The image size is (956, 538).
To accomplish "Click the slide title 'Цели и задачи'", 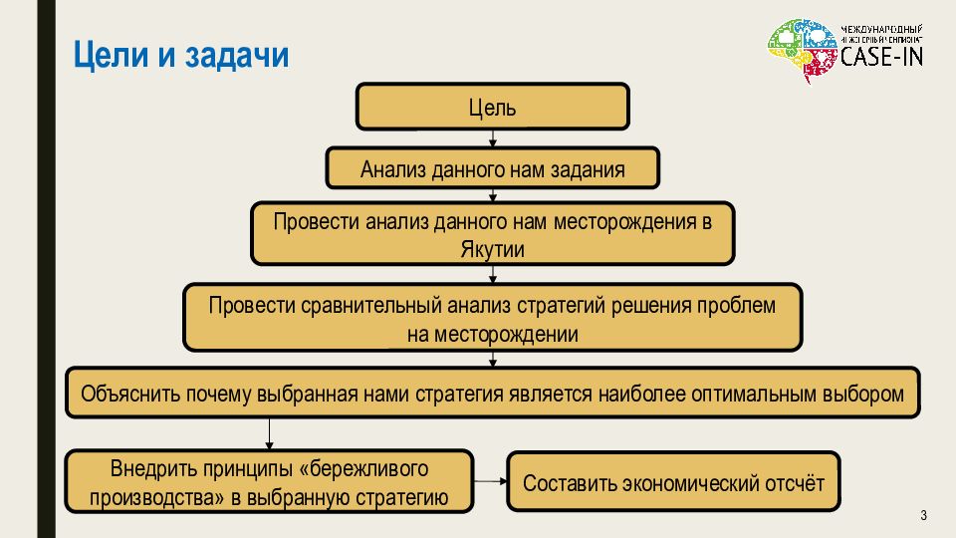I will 181,55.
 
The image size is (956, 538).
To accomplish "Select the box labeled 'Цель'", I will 493,107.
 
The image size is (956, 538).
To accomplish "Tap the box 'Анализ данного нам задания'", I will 493,169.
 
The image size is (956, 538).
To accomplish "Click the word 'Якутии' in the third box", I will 493,249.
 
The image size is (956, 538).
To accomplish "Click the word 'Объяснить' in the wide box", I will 129,394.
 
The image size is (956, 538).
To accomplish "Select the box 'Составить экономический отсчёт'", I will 673,483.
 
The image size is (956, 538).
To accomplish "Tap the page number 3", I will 923,515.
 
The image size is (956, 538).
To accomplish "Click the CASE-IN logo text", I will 880,57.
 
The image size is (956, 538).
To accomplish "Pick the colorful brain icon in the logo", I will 803,51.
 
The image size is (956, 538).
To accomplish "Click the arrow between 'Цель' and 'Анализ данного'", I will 493,139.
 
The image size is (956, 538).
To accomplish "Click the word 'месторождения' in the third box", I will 618,221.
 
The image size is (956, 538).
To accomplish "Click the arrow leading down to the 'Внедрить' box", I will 270,433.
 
